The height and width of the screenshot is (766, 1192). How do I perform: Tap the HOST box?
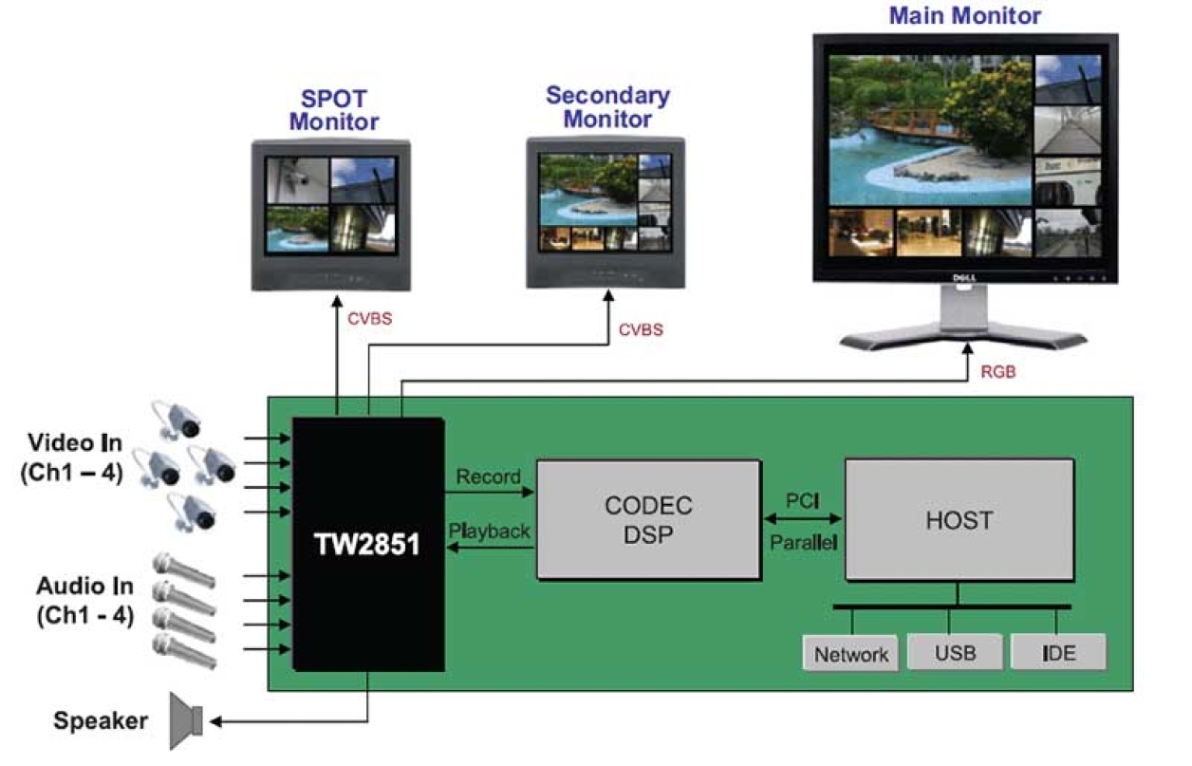click(x=959, y=520)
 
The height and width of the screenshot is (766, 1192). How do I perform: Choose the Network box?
click(x=851, y=654)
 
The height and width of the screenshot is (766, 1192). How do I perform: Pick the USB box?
click(x=955, y=653)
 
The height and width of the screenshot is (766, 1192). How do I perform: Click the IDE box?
click(x=1058, y=653)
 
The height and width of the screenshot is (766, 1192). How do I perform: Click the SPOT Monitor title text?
click(x=333, y=110)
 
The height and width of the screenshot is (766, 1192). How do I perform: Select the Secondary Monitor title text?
click(x=607, y=107)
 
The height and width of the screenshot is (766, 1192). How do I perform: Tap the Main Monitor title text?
click(x=964, y=15)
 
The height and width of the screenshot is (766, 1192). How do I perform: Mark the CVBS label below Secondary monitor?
click(x=641, y=330)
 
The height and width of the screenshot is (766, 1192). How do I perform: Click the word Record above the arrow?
click(x=488, y=476)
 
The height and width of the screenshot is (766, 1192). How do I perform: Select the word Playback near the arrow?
click(x=490, y=532)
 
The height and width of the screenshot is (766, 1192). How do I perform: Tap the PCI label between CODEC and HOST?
click(x=802, y=497)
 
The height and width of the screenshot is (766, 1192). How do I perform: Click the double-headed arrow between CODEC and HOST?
click(x=802, y=519)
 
